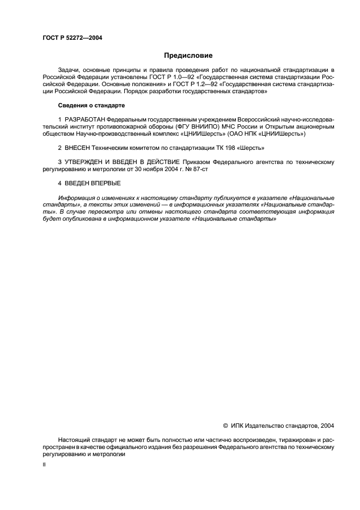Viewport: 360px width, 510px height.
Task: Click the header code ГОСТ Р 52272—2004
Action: pyautogui.click(x=72, y=38)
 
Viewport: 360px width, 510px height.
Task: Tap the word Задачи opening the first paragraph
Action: pyautogui.click(x=69, y=71)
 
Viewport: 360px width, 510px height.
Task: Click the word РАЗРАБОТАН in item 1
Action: pyautogui.click(x=85, y=119)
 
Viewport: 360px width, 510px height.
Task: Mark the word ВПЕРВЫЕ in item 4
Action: pyautogui.click(x=103, y=184)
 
